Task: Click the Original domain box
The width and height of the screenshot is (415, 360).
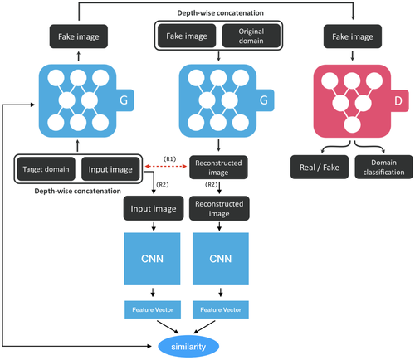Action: tap(251, 36)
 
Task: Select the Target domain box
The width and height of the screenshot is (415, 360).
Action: tap(46, 169)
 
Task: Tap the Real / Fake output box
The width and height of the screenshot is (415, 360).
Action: tap(320, 167)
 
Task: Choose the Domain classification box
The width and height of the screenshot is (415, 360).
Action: tap(383, 167)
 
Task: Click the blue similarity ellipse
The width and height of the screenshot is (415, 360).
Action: tap(188, 346)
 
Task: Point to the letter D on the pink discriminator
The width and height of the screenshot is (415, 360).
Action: tap(398, 100)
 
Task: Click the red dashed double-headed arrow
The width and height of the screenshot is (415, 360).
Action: tap(166, 166)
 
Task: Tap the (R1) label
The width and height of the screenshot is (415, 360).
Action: tap(169, 158)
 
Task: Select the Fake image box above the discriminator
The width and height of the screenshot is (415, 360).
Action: tap(353, 36)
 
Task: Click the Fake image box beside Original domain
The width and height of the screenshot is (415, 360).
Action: tap(187, 36)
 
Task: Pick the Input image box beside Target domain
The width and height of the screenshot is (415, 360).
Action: tap(110, 169)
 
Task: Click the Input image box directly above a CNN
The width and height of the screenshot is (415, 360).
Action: tap(154, 208)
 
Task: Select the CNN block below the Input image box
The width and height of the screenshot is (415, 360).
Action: tap(152, 259)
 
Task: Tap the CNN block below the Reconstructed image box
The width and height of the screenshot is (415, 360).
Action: tap(221, 259)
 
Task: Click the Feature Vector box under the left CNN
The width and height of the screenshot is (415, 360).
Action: tap(153, 309)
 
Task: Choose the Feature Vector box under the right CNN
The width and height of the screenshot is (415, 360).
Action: tap(221, 309)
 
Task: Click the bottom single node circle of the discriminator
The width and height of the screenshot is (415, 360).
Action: tap(352, 124)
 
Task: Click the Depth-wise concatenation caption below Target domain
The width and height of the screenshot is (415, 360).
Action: tap(77, 191)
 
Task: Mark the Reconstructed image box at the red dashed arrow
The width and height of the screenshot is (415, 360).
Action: tap(218, 167)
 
